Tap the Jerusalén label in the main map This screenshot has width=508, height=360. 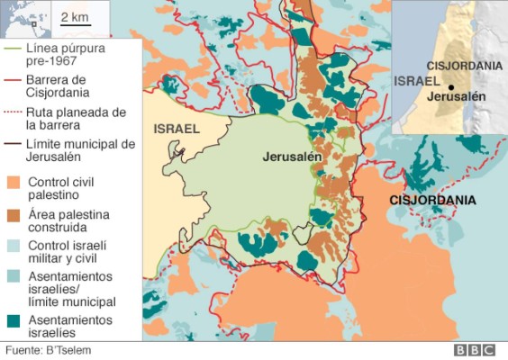292,156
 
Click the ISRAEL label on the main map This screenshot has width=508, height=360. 176,129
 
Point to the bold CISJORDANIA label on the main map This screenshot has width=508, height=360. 432,199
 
